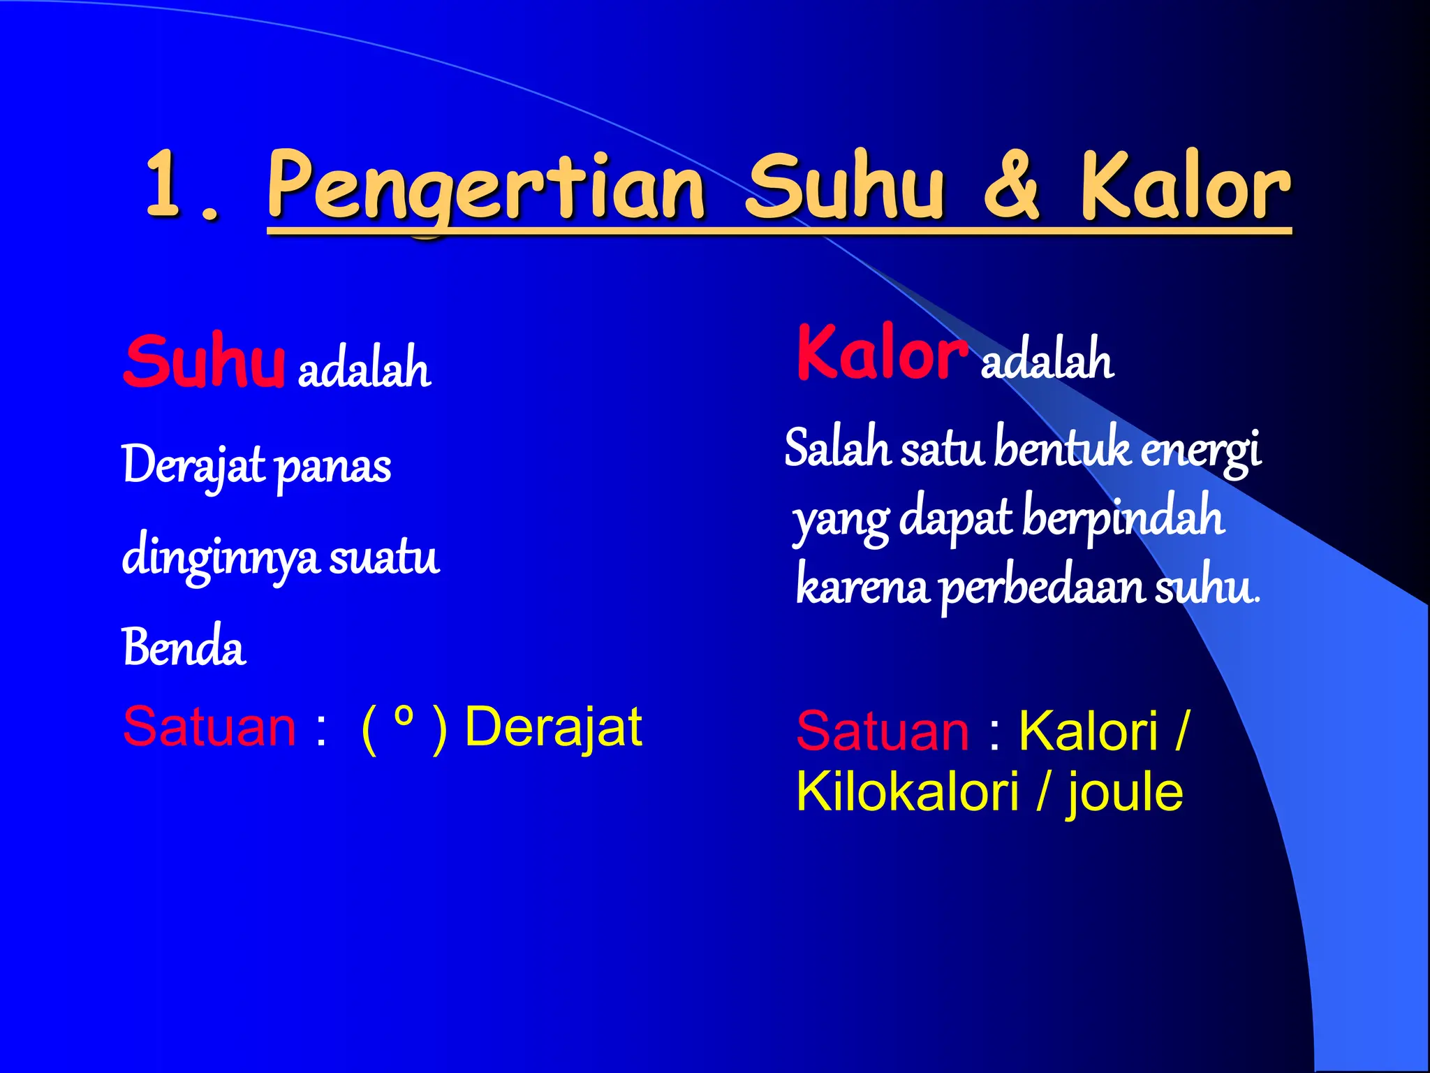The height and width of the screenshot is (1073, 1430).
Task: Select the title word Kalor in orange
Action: (x=1186, y=187)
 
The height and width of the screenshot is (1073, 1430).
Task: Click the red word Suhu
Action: (x=204, y=362)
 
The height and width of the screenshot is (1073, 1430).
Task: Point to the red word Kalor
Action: (x=881, y=353)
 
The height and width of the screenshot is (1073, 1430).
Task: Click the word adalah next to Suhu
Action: (x=364, y=367)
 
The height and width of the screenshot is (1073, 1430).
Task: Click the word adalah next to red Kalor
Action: (x=1047, y=359)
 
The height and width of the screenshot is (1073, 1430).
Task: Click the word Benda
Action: (x=184, y=647)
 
